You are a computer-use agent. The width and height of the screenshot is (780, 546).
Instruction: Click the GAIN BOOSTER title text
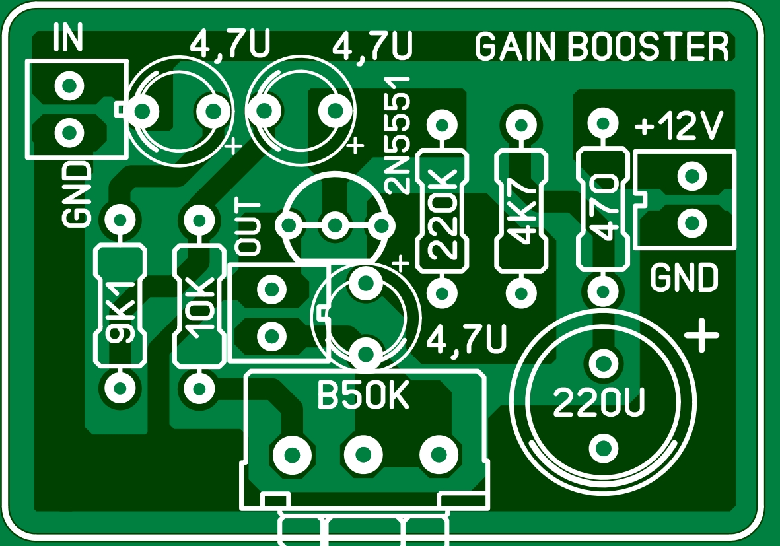(602, 47)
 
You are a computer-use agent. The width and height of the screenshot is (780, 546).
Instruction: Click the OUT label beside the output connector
(249, 228)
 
